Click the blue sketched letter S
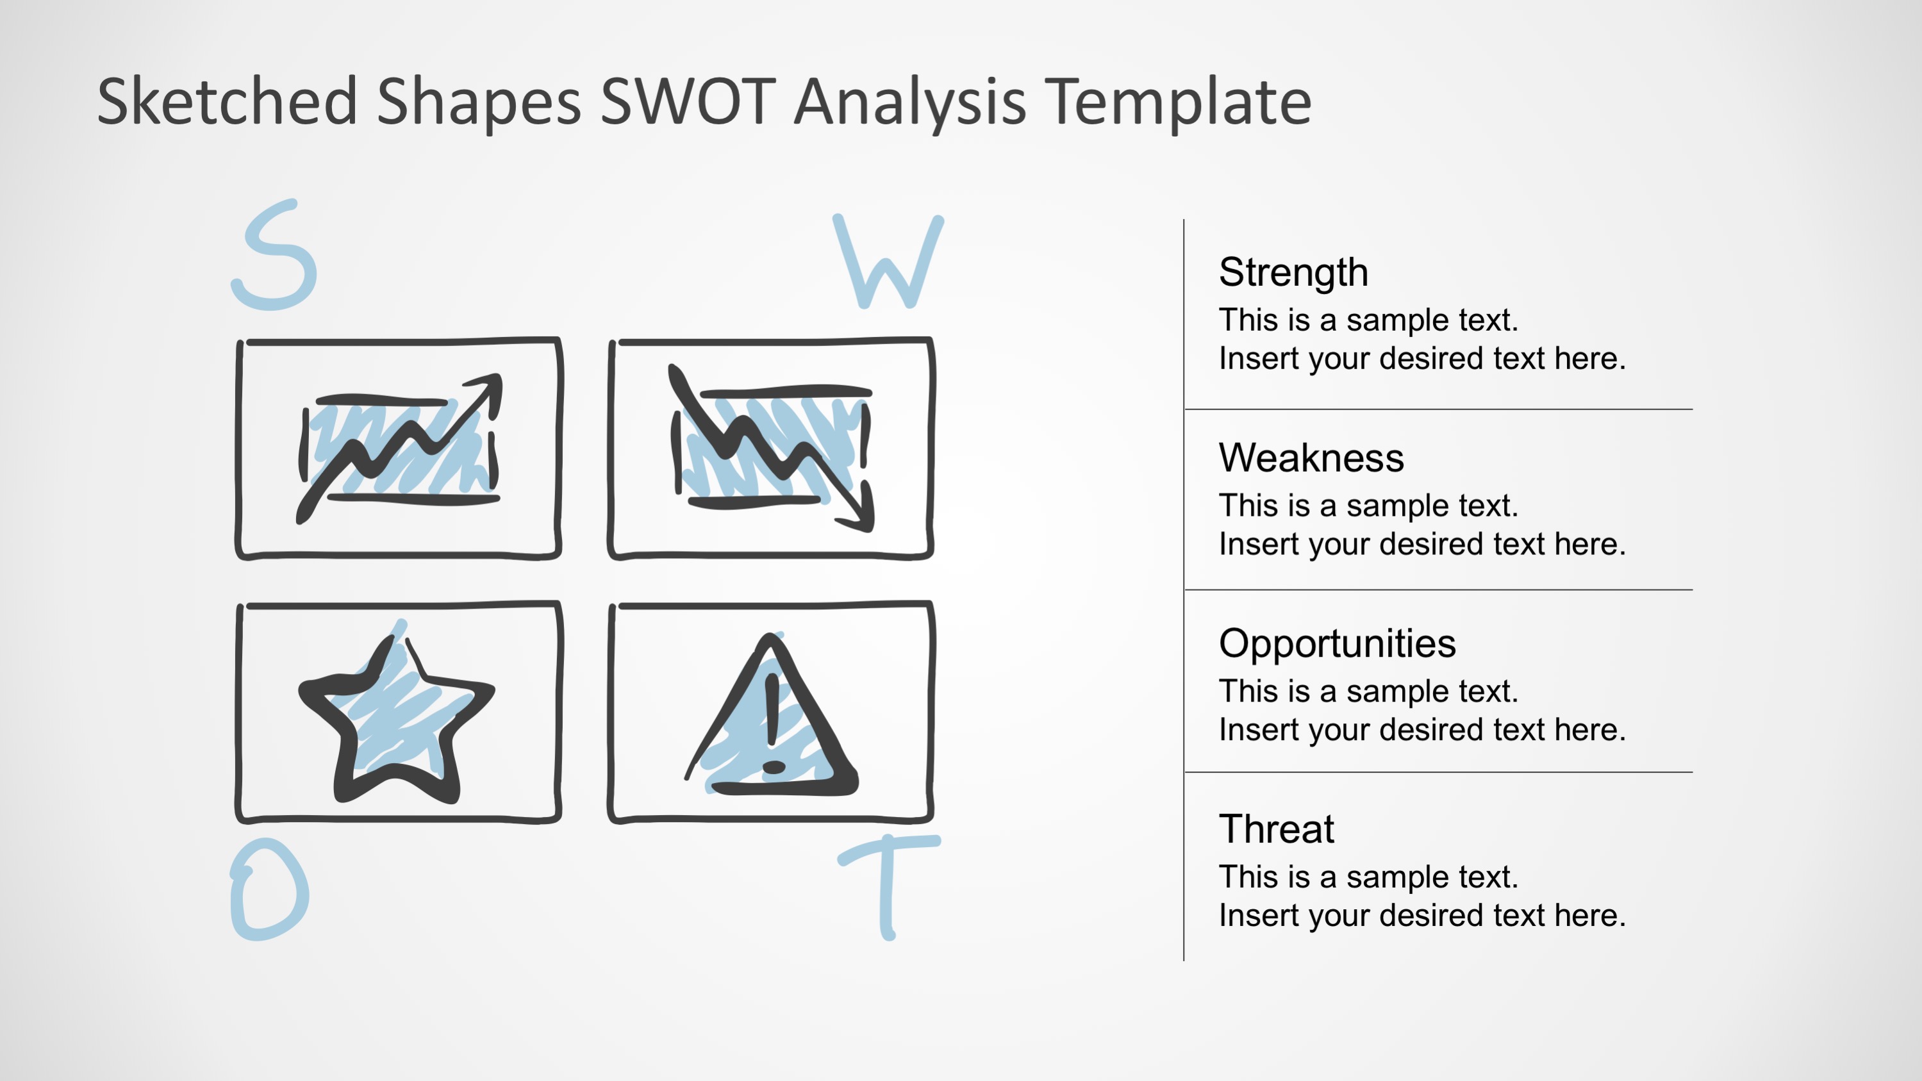click(274, 256)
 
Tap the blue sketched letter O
click(269, 889)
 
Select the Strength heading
click(1293, 272)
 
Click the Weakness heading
click(1311, 458)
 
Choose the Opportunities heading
click(1336, 643)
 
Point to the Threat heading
click(1276, 829)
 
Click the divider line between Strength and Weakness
click(1439, 409)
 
